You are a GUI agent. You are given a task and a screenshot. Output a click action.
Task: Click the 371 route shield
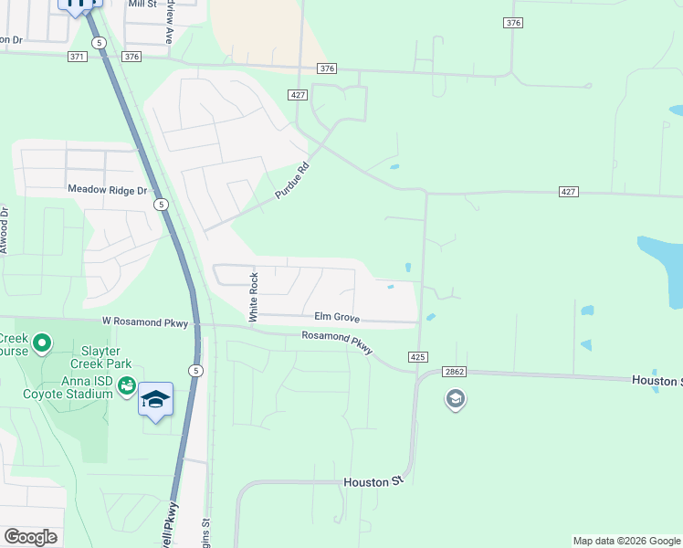[77, 57]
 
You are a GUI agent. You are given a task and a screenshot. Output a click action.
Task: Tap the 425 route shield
[418, 356]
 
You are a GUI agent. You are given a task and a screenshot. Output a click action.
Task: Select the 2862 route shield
[454, 372]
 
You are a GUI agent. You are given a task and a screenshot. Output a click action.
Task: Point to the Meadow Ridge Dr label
[107, 190]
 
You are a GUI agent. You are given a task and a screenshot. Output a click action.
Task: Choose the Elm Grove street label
[336, 318]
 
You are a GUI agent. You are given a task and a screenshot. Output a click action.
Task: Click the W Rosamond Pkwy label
[144, 321]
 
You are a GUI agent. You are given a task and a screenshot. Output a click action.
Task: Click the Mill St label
[143, 5]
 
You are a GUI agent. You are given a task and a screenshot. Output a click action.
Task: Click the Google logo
[30, 536]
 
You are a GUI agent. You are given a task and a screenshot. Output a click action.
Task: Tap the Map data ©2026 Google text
[625, 541]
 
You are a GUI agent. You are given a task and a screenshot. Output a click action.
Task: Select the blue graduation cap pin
[155, 399]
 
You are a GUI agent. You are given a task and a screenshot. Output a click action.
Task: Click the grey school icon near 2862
[455, 399]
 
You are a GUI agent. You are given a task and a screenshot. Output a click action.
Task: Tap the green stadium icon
[127, 388]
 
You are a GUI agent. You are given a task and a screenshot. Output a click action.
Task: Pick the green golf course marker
[41, 344]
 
